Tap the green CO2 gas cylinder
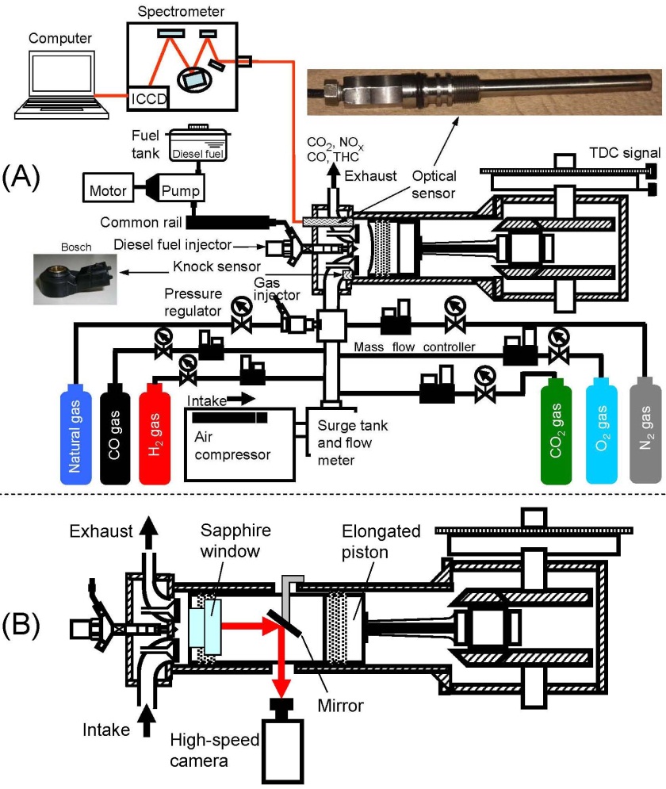pyautogui.click(x=559, y=431)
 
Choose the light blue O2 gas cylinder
pyautogui.click(x=603, y=431)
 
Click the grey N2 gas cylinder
pyautogui.click(x=645, y=431)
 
